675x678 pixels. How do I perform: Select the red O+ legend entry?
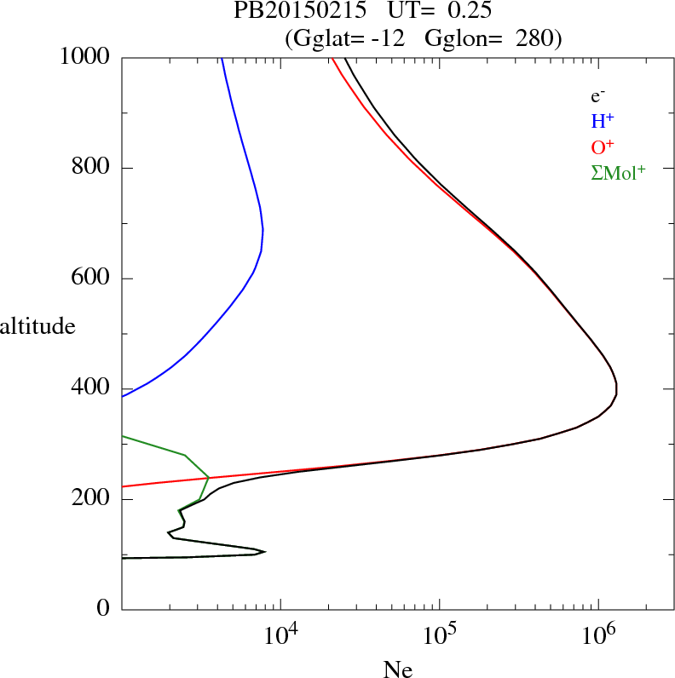(603, 147)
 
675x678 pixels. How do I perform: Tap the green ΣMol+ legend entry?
(618, 173)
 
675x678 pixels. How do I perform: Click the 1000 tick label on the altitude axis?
(85, 57)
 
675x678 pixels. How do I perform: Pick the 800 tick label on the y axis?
(92, 168)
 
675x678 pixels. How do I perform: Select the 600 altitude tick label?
(92, 279)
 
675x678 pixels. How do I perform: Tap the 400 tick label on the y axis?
(92, 388)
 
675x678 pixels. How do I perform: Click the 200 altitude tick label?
(92, 499)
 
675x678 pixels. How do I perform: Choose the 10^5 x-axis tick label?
(439, 634)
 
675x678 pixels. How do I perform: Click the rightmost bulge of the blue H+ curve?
(262, 230)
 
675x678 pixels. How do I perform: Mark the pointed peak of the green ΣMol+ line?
(209, 477)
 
